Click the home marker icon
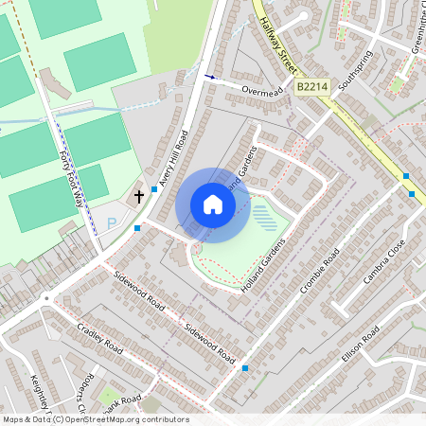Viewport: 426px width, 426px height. (213, 204)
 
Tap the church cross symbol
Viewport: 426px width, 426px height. (139, 197)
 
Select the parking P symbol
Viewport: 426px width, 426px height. (112, 223)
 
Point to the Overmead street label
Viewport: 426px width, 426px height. (262, 92)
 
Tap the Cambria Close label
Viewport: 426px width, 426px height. (383, 261)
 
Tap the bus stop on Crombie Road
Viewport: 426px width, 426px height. (245, 367)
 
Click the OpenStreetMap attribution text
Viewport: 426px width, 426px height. (95, 419)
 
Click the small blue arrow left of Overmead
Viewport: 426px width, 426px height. (209, 76)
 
